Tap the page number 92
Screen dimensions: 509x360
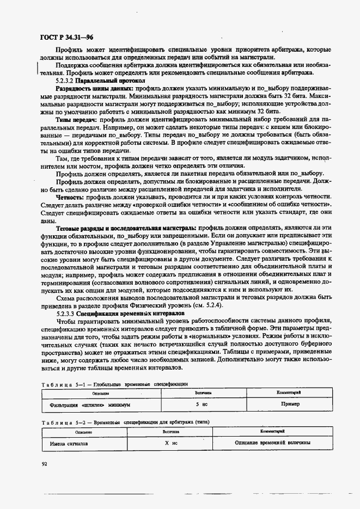(44, 463)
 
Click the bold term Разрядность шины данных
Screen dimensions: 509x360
(94, 88)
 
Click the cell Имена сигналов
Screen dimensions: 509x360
(70, 443)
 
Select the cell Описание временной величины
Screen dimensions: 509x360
(273, 443)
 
